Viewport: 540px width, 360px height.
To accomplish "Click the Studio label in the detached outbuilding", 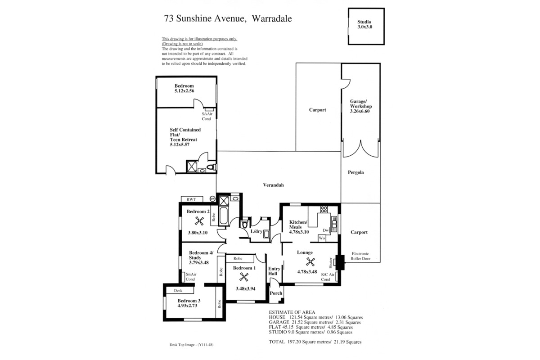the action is (364, 22).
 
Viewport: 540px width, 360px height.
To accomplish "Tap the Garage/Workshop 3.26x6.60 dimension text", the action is (360, 111).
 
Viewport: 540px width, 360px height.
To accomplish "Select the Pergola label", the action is (355, 172).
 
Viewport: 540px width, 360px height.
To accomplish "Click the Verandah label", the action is (273, 185).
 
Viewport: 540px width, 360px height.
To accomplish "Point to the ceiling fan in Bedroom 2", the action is (199, 221).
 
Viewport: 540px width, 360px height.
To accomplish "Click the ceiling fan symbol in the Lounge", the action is (310, 261).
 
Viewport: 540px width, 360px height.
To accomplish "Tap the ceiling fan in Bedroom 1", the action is (244, 277).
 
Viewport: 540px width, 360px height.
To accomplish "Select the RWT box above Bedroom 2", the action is (192, 199).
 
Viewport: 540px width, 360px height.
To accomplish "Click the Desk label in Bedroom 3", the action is (178, 291).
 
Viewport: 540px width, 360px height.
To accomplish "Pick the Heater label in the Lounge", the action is (330, 263).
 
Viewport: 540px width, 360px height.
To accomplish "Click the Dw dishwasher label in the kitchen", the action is (326, 230).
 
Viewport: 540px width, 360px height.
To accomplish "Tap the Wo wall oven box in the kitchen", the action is (322, 238).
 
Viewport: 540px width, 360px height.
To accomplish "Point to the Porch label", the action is (276, 293).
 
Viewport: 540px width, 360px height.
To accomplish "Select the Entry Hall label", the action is (274, 271).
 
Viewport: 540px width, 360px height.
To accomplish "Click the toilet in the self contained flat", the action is (211, 167).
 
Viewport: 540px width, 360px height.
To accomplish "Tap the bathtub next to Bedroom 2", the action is (223, 215).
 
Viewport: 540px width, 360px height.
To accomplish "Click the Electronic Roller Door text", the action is (360, 256).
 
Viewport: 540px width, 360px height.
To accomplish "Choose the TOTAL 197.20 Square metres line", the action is (315, 342).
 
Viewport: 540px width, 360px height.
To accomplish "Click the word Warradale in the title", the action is (272, 18).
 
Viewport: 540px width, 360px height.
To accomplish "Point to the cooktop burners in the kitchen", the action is (324, 209).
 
